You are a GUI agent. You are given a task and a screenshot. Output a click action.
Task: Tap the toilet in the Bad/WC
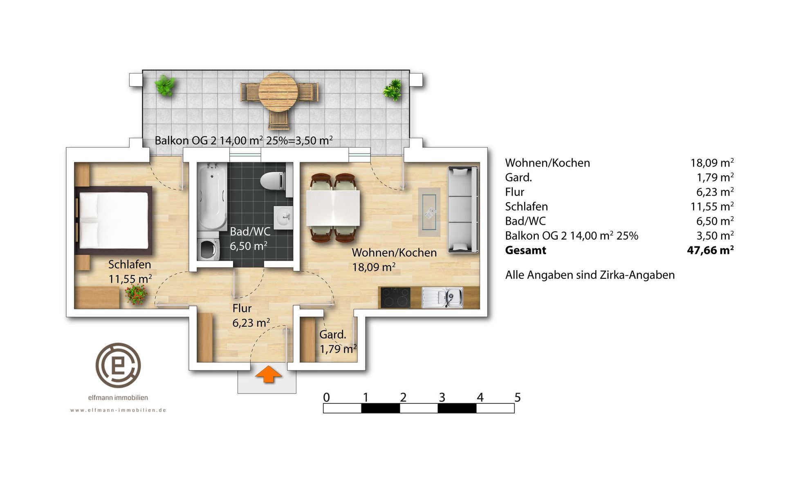[x=273, y=180]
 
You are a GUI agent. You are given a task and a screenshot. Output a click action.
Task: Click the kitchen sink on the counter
[x=442, y=297]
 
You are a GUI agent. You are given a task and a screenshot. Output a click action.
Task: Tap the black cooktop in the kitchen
[x=395, y=298]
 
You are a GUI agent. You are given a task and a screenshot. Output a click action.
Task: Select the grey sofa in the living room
[x=463, y=209]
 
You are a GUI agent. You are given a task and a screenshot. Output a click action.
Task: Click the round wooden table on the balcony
[x=278, y=92]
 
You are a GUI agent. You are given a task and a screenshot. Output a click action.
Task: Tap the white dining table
[x=333, y=208]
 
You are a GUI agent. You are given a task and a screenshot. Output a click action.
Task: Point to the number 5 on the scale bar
[x=518, y=397]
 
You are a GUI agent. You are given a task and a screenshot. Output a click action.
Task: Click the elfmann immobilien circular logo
[x=118, y=365]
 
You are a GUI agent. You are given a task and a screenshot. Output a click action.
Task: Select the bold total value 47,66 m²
[x=711, y=250]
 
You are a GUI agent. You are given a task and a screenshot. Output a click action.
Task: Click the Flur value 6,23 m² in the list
[x=715, y=192]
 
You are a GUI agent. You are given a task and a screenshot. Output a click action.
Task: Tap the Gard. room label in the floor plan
[x=333, y=334]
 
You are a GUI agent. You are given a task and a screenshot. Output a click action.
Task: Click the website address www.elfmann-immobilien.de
[x=118, y=410]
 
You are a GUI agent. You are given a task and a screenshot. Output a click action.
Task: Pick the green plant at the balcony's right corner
[x=392, y=89]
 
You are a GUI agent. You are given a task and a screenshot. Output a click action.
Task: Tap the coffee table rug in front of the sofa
[x=429, y=212]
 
